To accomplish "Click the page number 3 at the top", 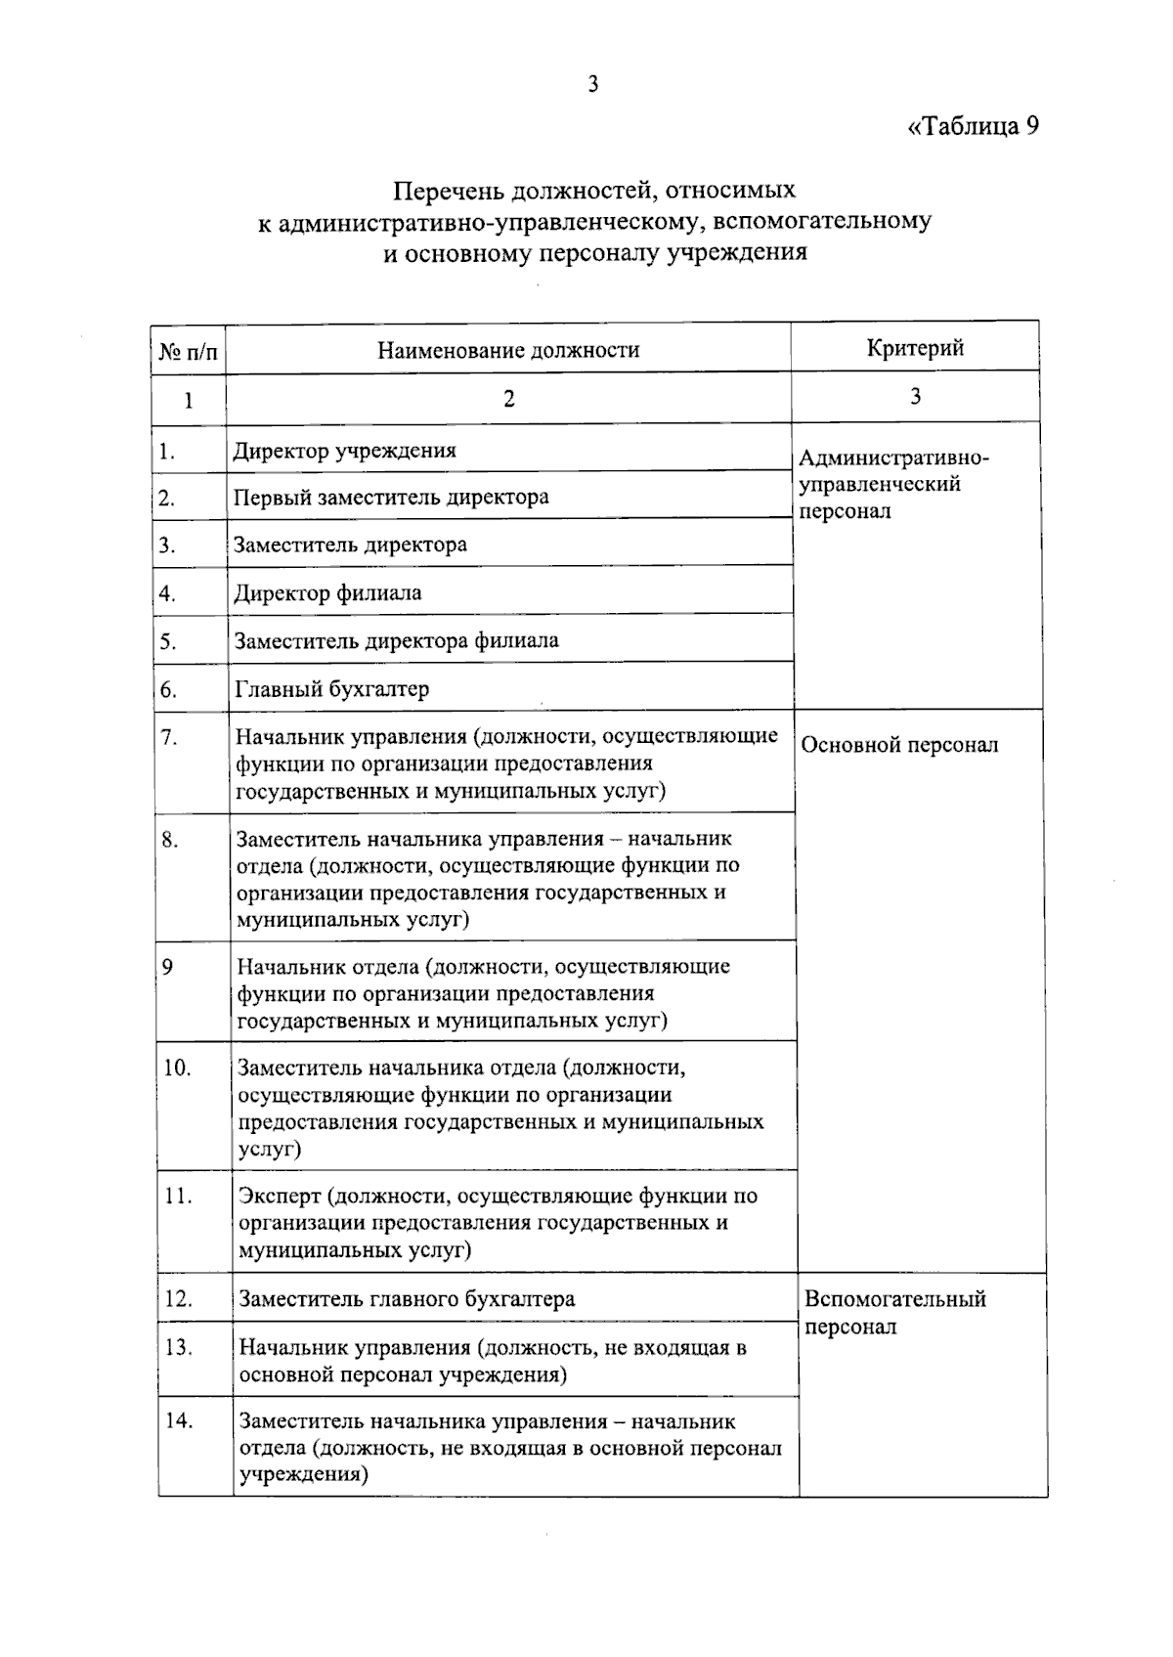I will pos(592,84).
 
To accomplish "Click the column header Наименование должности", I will pos(508,350).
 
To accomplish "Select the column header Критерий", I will pos(915,347).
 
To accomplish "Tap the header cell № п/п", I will pos(188,351).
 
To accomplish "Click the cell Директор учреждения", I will pos(344,451).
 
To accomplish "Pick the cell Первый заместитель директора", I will pos(391,498).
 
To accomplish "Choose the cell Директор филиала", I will pos(327,592).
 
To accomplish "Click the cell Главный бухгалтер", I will pos(331,689).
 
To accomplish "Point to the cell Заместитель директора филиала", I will pos(396,641).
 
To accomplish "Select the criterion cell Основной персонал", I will pos(899,745).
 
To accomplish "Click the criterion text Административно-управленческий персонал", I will pos(892,484).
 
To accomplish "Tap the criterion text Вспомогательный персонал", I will pos(894,1312).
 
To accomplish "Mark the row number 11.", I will pos(178,1196).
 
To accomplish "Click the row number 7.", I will pos(169,736).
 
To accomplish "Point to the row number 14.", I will pos(179,1420).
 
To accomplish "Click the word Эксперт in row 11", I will pos(280,1196).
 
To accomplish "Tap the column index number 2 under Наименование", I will pos(508,399).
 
